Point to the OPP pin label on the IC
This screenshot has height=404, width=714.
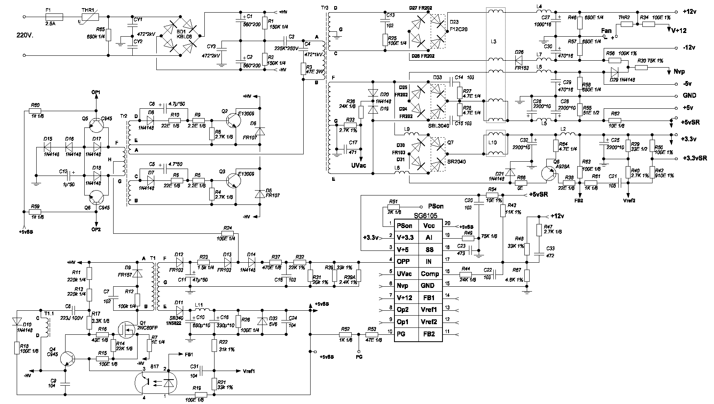pyautogui.click(x=404, y=261)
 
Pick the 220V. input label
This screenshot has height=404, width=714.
pyautogui.click(x=26, y=35)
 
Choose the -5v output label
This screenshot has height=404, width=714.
pyautogui.click(x=688, y=84)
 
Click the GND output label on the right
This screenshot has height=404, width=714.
pyautogui.click(x=689, y=96)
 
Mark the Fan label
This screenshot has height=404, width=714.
pyautogui.click(x=606, y=31)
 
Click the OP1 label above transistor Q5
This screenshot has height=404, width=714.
pyautogui.click(x=96, y=92)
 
